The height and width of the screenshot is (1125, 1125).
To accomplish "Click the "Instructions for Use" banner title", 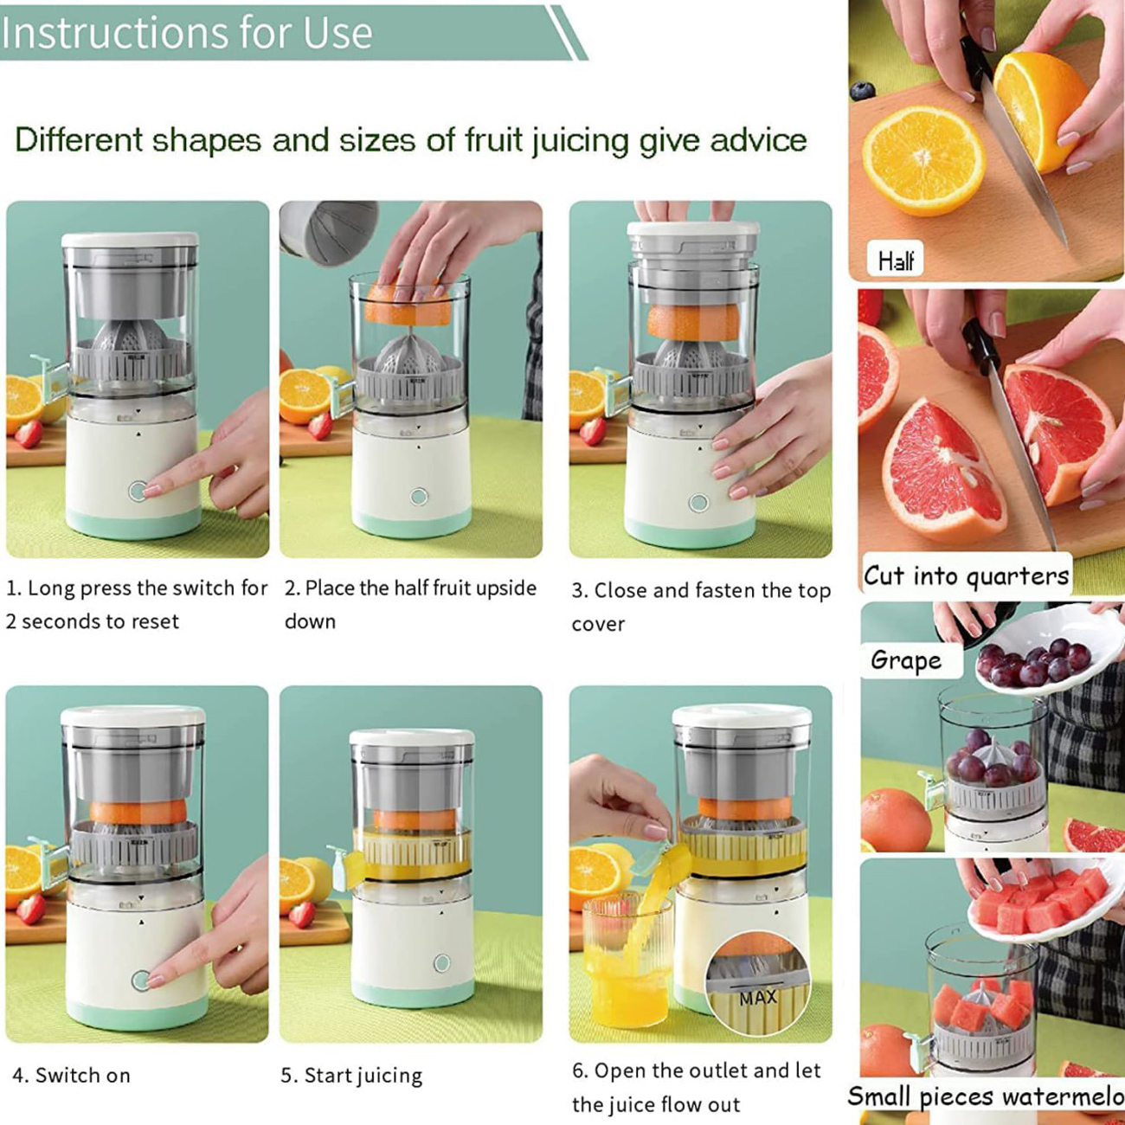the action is tap(187, 33).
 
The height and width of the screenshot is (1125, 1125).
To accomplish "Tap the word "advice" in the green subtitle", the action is tap(758, 140).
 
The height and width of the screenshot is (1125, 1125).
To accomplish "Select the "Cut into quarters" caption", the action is tap(967, 576).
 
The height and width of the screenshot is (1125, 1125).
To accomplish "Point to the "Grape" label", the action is tap(906, 661).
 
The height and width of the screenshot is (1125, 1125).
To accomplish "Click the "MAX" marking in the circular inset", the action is tap(758, 997).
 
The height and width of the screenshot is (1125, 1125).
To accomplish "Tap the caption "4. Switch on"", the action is tap(71, 1076).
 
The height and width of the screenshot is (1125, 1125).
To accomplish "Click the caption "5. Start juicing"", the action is tap(351, 1076).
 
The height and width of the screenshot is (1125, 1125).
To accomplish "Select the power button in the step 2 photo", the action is tap(419, 497).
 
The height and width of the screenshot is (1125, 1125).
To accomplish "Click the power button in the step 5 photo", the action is tap(442, 962).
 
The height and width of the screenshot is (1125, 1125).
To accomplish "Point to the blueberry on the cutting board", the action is tap(862, 91).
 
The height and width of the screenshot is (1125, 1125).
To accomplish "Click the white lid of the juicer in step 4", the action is tap(133, 716).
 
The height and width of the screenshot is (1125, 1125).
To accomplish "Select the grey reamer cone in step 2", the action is tap(409, 350).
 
